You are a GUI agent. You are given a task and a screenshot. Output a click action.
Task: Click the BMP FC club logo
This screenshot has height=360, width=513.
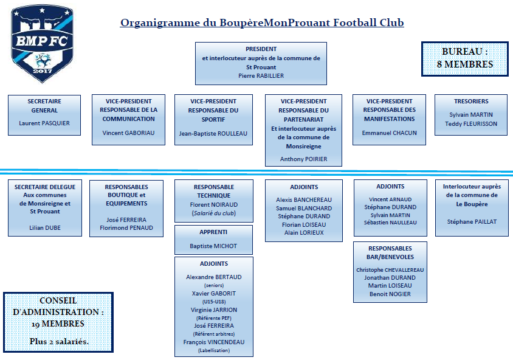tap(42, 43)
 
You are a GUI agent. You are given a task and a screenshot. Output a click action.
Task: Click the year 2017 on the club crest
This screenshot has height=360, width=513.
tap(43, 71)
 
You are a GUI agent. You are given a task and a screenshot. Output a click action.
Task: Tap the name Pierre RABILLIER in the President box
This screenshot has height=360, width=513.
tap(261, 76)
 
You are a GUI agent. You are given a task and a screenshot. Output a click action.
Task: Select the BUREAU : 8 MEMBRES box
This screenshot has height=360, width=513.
tap(465, 59)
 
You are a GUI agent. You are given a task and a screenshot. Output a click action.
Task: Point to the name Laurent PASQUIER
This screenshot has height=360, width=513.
tap(44, 123)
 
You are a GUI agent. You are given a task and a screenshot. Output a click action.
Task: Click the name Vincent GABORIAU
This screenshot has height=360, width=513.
tap(128, 133)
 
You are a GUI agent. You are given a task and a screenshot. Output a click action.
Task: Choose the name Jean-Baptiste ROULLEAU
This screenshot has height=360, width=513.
tap(213, 134)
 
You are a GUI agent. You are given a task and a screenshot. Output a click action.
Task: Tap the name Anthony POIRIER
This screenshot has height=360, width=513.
tap(304, 159)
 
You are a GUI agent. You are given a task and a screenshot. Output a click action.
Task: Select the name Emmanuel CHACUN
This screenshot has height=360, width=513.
tap(390, 133)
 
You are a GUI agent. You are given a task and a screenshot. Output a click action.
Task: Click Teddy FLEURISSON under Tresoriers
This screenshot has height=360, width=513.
tap(471, 123)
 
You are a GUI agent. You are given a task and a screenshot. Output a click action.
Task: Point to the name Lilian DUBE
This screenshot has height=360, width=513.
tap(45, 228)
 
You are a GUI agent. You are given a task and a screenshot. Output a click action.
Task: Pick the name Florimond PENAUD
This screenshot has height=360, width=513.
tap(126, 228)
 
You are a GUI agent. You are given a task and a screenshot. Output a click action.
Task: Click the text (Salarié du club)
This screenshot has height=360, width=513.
tap(213, 213)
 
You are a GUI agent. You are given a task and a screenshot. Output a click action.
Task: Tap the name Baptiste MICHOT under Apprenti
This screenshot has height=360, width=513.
tap(213, 246)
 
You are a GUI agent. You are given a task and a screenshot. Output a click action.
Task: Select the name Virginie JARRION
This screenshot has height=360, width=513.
tap(214, 310)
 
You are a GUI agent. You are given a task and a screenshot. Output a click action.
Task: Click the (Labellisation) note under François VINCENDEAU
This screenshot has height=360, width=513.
tap(214, 350)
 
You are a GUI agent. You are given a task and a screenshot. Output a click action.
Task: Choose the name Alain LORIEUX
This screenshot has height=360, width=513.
tap(304, 233)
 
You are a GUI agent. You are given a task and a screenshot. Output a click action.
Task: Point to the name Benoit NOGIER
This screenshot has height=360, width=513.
tap(390, 294)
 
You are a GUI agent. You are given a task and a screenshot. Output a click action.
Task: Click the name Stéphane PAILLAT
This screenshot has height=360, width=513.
tap(472, 222)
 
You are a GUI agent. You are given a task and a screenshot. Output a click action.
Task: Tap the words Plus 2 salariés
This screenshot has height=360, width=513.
tap(59, 341)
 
